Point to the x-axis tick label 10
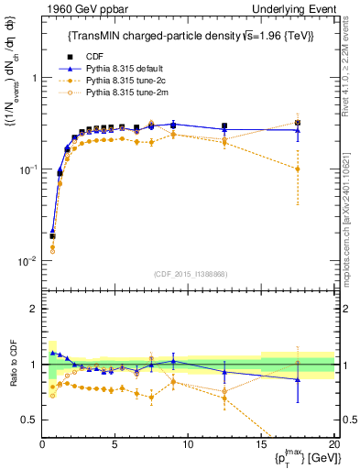(x=187, y=444)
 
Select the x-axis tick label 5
(x=115, y=444)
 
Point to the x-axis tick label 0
(x=42, y=444)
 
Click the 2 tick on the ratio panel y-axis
(x=33, y=309)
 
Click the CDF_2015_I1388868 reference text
(x=187, y=272)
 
